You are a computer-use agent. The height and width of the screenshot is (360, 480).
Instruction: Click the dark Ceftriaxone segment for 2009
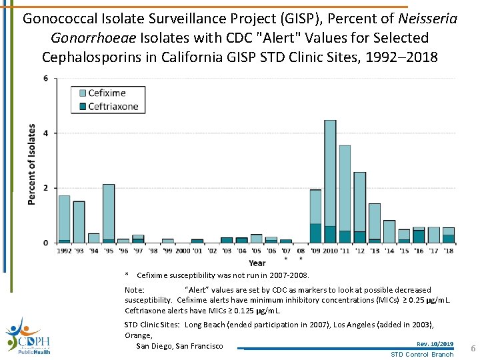(x=315, y=233)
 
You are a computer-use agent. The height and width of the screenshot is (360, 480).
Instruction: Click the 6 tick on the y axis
(x=45, y=79)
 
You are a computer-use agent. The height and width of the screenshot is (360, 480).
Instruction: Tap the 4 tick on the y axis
(x=45, y=133)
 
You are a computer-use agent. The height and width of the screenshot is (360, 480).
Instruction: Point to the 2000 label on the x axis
(x=182, y=251)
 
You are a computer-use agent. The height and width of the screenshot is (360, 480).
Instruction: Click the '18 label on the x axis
(x=448, y=251)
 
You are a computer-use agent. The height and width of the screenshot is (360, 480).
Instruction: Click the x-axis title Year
(x=257, y=263)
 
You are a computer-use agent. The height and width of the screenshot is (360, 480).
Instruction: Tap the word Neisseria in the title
(x=425, y=19)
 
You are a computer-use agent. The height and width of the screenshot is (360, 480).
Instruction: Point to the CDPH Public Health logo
(x=27, y=337)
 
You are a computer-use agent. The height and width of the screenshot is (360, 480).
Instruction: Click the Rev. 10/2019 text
(x=435, y=343)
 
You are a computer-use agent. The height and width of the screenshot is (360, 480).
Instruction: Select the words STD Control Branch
(x=421, y=354)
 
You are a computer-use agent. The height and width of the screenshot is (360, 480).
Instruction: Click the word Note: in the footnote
(x=135, y=290)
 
